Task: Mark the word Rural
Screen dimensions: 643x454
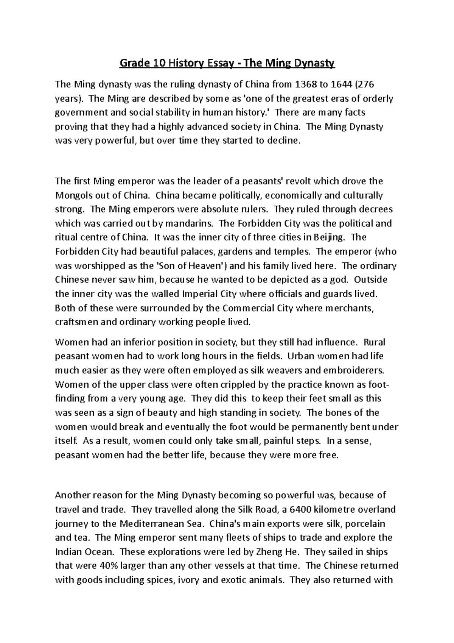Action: (x=374, y=342)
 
